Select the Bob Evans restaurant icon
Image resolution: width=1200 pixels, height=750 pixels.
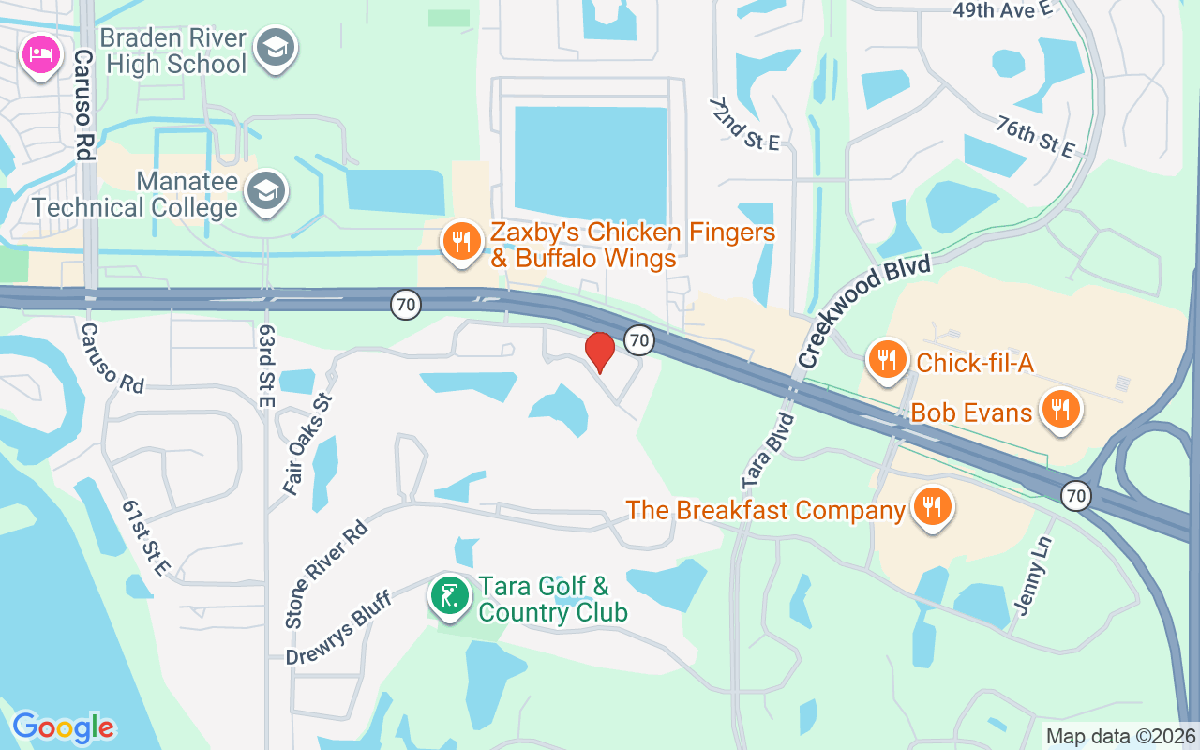tap(1059, 409)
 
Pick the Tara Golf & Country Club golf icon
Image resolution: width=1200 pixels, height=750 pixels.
tap(450, 596)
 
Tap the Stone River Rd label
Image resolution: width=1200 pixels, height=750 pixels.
tap(325, 574)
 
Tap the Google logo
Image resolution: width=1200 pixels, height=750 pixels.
tap(64, 727)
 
